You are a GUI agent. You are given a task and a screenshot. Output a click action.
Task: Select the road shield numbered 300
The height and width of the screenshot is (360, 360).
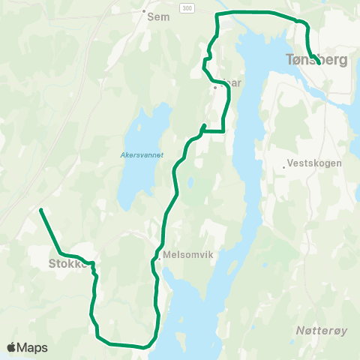click(x=184, y=6)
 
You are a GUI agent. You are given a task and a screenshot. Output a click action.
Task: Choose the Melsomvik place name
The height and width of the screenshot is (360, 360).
click(x=188, y=255)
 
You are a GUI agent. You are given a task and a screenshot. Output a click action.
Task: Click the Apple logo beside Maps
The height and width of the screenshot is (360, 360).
click(x=12, y=347)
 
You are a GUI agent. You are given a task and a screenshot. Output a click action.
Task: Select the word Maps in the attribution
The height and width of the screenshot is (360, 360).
click(x=34, y=347)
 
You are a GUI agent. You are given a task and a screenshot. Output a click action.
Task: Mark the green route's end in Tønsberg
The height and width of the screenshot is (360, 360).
click(x=320, y=64)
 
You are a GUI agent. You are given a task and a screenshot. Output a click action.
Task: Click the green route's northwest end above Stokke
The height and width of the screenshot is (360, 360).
click(x=40, y=210)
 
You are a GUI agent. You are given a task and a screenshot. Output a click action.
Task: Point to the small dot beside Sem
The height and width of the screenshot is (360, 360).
click(x=143, y=11)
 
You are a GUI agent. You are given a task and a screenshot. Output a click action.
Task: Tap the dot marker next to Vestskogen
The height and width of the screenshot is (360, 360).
click(x=286, y=166)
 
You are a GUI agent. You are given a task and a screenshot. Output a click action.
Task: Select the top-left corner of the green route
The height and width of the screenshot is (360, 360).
click(x=217, y=14)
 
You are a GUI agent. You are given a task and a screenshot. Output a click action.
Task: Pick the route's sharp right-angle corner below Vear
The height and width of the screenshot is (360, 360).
click(x=224, y=131)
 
